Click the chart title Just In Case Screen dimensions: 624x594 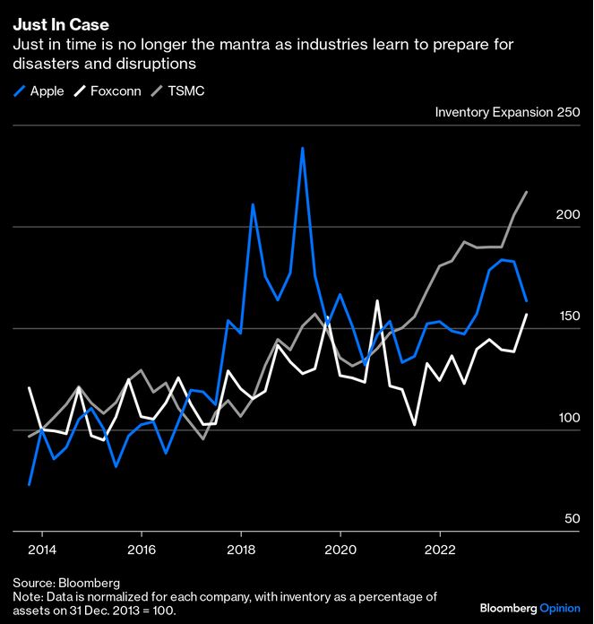[61, 25]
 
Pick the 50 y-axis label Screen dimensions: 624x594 [570, 519]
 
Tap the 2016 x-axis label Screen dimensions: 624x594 [141, 549]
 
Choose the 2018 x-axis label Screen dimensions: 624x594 [240, 549]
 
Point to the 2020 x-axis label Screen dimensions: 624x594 [340, 549]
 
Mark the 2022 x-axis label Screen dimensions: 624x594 [440, 549]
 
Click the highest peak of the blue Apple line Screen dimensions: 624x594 [303, 148]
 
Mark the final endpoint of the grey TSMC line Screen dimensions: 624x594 [526, 192]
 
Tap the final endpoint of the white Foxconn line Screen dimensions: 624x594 [526, 315]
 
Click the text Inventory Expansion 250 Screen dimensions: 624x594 [507, 112]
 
